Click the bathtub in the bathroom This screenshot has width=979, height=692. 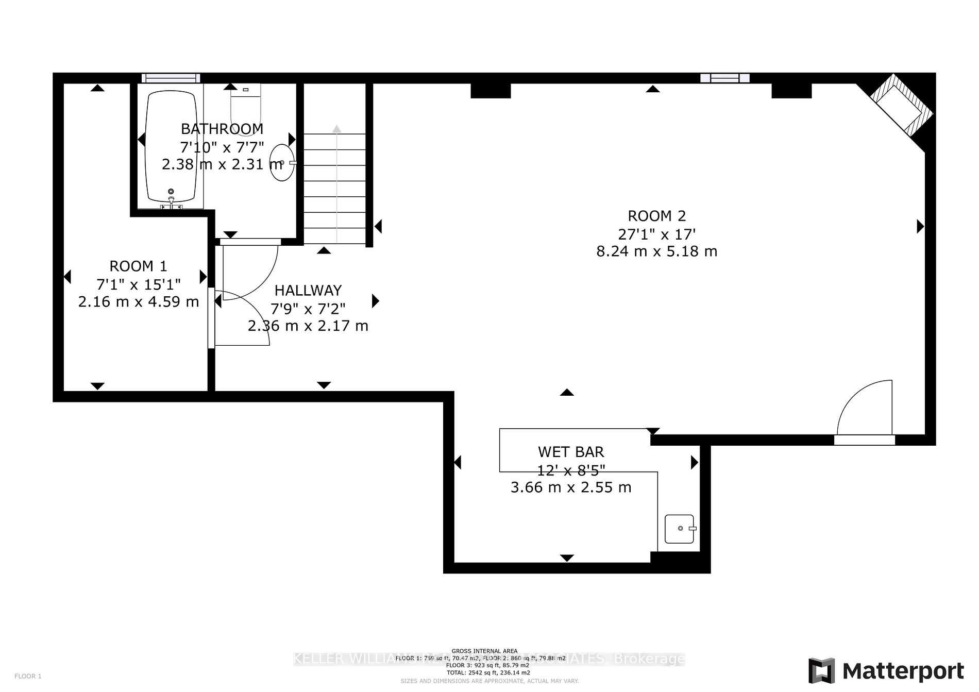171,147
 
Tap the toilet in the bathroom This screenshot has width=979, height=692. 246,106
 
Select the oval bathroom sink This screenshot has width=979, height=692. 282,163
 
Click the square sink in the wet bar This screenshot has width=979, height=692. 679,529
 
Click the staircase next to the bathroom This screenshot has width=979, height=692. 335,188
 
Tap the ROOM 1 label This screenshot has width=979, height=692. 138,266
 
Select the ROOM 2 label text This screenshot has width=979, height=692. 656,216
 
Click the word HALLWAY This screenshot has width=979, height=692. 308,291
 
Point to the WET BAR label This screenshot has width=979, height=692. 571,452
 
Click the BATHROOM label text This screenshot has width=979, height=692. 222,129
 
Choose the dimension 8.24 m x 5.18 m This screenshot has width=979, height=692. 656,251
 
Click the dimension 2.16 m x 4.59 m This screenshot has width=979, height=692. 138,302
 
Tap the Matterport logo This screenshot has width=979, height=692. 886,671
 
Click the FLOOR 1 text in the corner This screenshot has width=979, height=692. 28,676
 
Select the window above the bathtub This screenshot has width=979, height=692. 171,78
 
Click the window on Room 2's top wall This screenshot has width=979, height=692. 724,78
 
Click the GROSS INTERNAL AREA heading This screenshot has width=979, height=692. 484,651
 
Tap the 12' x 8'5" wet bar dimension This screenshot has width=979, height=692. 571,470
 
